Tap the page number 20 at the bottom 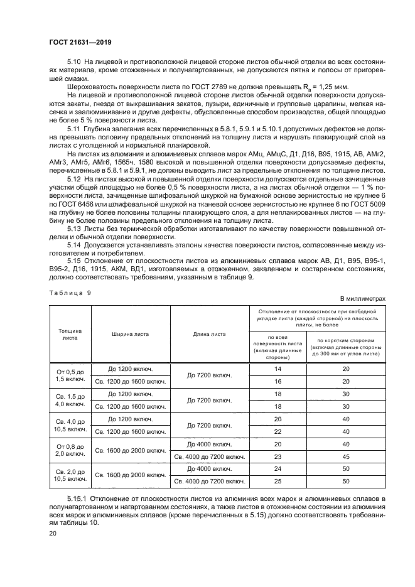[x=53, y=534]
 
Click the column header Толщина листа [x=70, y=333]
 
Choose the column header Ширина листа [x=131, y=334]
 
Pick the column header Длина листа [x=210, y=334]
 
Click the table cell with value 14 [x=277, y=369]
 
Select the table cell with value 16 [x=277, y=381]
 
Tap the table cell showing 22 [x=277, y=431]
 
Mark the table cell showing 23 [x=277, y=456]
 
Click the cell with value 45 [x=345, y=456]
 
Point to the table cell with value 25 [x=277, y=482]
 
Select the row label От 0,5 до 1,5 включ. [x=70, y=375]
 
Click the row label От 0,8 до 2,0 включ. [x=70, y=450]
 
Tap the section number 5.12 [x=74, y=179]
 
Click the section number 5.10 [x=74, y=63]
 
